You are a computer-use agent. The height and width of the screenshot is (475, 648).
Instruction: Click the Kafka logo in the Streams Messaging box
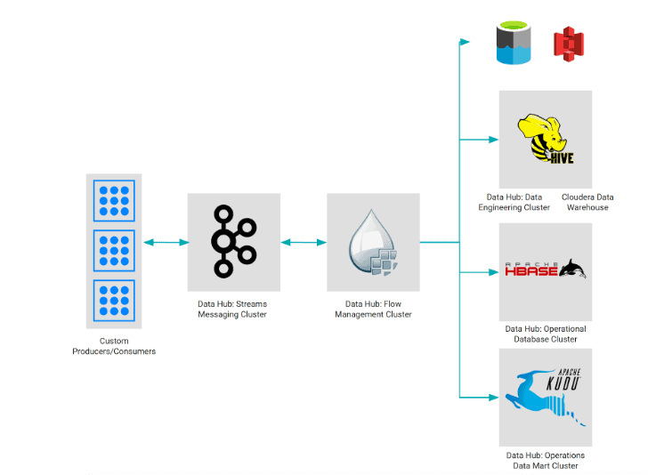click(233, 241)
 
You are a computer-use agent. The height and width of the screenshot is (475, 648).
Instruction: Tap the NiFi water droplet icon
click(373, 242)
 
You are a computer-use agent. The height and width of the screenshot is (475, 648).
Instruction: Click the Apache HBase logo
click(545, 269)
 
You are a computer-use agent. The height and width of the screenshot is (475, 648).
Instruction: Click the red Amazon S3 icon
click(568, 44)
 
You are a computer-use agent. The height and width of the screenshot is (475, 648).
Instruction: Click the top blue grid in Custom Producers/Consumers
click(114, 201)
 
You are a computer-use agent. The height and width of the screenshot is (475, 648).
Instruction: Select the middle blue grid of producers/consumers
click(114, 252)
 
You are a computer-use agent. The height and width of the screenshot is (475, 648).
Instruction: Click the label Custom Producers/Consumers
click(114, 346)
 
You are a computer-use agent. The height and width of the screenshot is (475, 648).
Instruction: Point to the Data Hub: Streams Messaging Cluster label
click(232, 309)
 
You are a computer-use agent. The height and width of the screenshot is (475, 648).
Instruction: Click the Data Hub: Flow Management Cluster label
click(373, 309)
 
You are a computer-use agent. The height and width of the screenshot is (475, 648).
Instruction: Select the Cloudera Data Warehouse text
click(587, 202)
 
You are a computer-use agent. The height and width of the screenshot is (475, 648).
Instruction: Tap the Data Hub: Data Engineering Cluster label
click(514, 202)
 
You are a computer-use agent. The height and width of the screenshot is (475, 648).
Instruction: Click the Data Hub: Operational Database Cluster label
click(545, 334)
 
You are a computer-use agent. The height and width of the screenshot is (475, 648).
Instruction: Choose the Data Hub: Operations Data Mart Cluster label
click(545, 460)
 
